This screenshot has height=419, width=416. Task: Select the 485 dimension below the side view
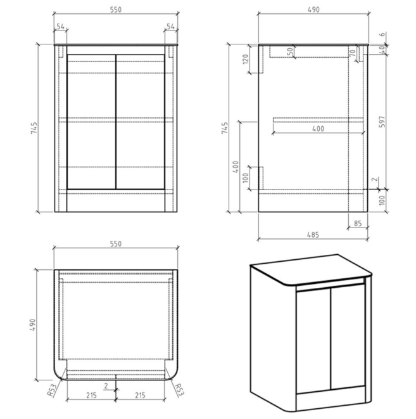coord(313,234)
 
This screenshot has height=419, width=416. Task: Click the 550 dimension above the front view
coord(115,10)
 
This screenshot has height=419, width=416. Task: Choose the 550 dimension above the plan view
coord(115,243)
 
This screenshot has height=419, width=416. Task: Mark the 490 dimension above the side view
coord(313,10)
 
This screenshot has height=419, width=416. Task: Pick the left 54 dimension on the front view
coord(61,27)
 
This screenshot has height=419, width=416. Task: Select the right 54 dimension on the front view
coord(170,27)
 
